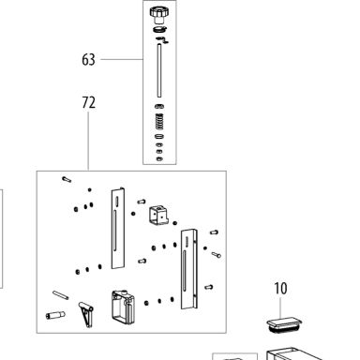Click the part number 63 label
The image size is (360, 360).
point(88,59)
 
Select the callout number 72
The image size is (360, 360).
point(88,102)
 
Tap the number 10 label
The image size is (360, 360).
point(280,289)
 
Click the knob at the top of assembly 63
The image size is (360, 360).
point(159,15)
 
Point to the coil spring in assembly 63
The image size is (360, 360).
point(159,122)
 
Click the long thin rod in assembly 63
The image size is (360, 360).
point(159,70)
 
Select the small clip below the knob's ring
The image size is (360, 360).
point(162,39)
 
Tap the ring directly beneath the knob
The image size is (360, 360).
point(159,29)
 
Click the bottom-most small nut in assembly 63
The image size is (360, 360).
point(159,158)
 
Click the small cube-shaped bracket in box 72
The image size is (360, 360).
point(159,215)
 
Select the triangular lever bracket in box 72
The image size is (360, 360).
point(85,314)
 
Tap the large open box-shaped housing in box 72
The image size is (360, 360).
point(123,307)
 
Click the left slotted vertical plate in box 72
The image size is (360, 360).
point(118,228)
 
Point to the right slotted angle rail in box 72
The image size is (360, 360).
point(189,269)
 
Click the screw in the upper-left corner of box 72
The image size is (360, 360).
point(67,179)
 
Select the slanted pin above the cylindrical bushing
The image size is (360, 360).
point(61,294)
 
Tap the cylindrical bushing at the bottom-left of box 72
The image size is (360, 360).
point(55,315)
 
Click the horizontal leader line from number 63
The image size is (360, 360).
point(122,59)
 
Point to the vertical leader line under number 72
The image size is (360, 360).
point(88,141)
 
